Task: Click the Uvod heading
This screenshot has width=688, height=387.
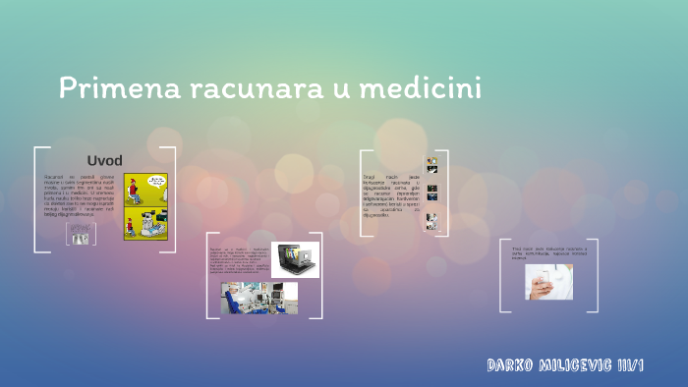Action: click(x=104, y=160)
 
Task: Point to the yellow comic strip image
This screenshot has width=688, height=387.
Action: click(x=145, y=206)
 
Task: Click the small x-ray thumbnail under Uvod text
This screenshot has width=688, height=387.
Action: click(x=81, y=234)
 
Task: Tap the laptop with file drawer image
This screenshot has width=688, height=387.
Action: click(x=295, y=259)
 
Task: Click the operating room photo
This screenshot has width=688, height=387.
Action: click(x=259, y=298)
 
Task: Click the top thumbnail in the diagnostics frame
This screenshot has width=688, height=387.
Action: click(x=430, y=164)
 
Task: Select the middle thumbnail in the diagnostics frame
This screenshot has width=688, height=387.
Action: click(x=430, y=192)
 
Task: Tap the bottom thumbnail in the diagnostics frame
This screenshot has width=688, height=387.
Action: click(x=430, y=221)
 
